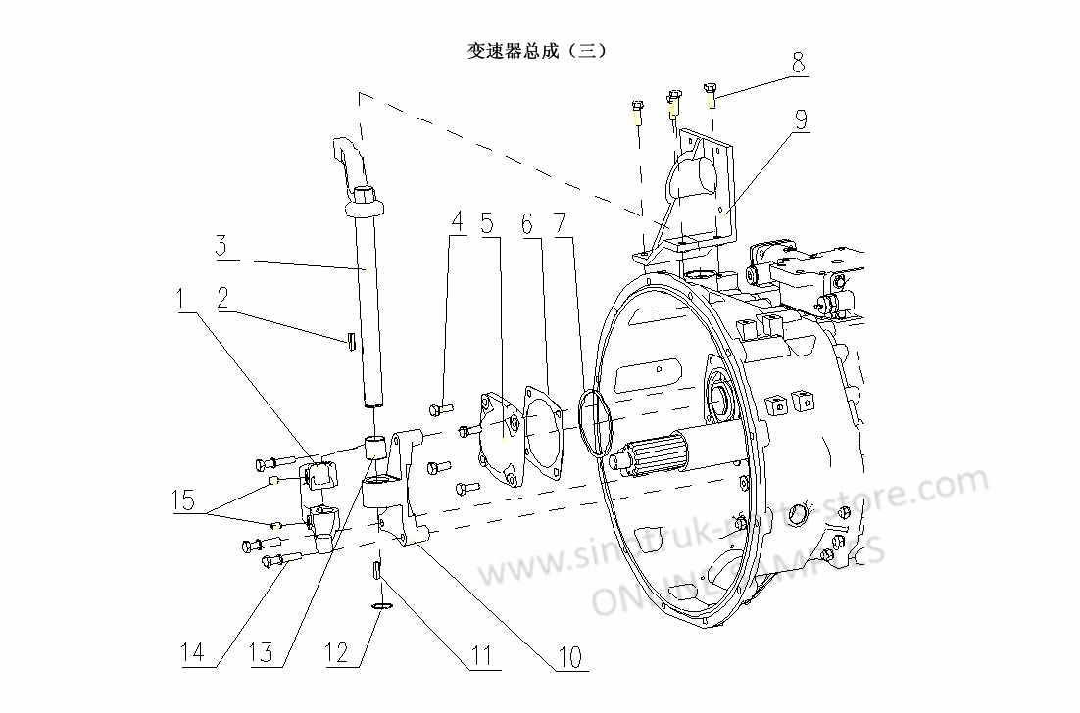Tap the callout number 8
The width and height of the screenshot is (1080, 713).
[799, 65]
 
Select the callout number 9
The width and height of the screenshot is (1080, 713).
[801, 120]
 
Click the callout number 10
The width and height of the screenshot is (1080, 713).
[569, 656]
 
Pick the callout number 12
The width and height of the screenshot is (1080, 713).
[336, 653]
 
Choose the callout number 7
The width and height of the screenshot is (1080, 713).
[560, 224]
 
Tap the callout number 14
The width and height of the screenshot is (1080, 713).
[194, 653]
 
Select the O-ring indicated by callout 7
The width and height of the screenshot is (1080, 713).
[593, 421]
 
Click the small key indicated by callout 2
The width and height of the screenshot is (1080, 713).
[349, 340]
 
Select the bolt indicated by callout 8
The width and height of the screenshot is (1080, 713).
[710, 96]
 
